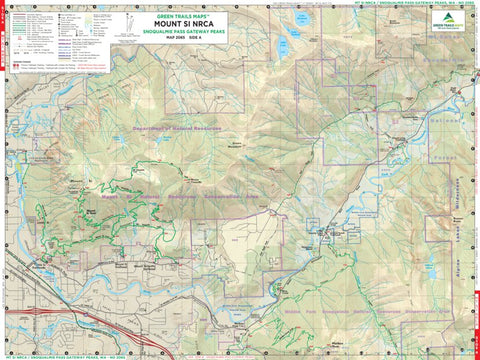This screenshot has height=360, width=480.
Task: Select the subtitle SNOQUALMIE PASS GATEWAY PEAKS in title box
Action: tap(178, 29)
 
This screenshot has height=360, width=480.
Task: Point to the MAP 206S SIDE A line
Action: tap(178, 36)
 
